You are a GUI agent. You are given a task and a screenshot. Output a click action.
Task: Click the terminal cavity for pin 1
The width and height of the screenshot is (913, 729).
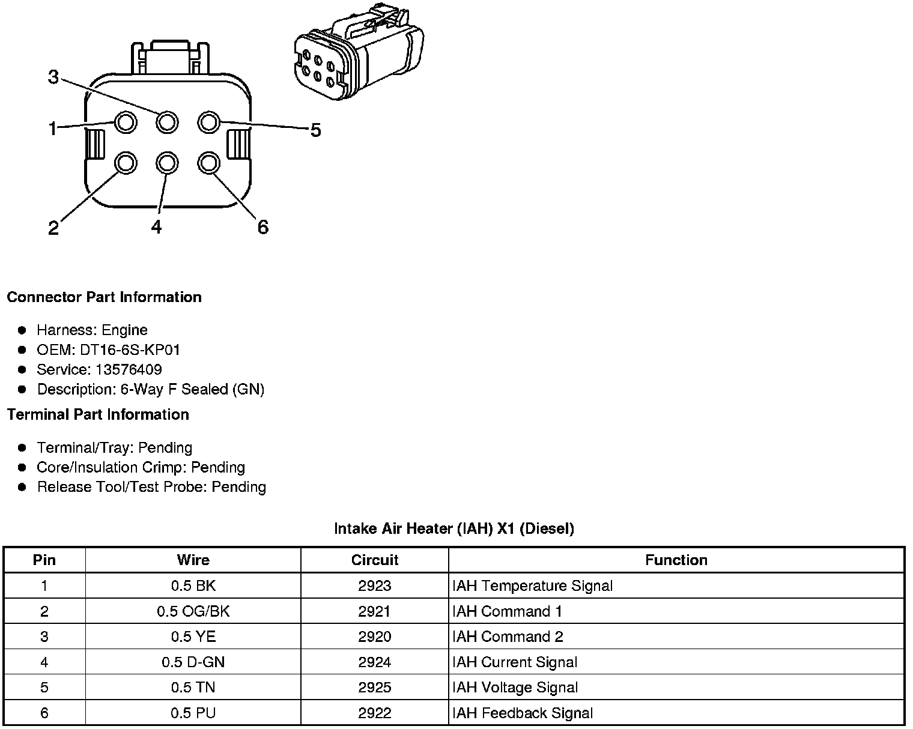coord(126,123)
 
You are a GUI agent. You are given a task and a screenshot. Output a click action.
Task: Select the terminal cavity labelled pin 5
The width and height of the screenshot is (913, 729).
coord(208,123)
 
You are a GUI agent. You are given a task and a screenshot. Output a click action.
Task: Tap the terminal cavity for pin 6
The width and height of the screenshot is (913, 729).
coord(208,163)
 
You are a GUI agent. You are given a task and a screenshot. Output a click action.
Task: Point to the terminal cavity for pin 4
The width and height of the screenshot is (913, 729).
coord(166,163)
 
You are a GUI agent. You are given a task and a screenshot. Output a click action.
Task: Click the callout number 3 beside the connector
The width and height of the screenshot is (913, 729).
coord(53,77)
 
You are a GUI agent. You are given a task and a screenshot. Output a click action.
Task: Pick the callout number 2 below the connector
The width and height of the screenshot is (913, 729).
coord(53,228)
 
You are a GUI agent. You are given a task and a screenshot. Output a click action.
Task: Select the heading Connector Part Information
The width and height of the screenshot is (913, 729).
coord(104,297)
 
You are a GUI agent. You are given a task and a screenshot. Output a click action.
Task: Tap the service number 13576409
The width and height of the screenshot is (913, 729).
coord(129,369)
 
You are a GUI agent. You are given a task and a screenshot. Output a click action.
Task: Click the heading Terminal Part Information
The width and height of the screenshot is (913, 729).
coord(98,414)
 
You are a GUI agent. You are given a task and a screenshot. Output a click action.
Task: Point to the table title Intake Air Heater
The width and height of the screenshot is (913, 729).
coord(453,528)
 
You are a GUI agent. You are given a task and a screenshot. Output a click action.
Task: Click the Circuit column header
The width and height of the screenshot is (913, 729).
coord(374,560)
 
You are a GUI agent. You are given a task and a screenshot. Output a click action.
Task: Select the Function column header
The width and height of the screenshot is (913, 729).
coord(676,560)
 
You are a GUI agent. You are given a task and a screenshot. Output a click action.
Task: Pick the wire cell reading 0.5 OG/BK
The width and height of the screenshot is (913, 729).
coord(193,611)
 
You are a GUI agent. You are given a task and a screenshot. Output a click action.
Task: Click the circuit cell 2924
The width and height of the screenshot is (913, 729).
coord(374,662)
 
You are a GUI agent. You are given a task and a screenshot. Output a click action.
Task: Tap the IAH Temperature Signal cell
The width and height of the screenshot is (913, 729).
coord(532,585)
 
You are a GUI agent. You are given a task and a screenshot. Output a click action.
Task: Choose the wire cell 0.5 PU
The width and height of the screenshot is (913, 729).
coord(193,713)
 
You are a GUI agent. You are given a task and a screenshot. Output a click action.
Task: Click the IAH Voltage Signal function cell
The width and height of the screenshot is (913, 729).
coord(515,687)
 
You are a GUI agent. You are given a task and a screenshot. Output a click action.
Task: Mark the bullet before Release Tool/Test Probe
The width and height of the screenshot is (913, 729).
coord(22,487)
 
